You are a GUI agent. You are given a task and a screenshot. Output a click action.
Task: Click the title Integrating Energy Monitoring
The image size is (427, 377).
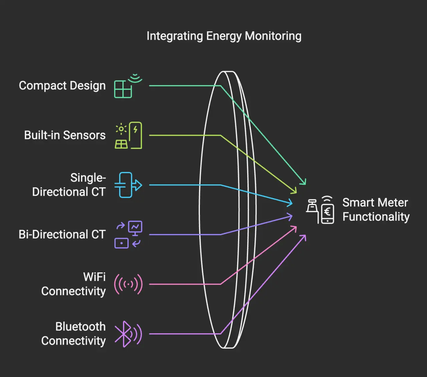coord(224,36)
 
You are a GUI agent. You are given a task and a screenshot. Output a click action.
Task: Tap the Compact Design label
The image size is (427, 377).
coord(62,86)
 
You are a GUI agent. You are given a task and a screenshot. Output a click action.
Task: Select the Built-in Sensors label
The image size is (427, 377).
coord(65,135)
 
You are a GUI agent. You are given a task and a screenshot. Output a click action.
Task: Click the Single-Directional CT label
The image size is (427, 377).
coord(69,185)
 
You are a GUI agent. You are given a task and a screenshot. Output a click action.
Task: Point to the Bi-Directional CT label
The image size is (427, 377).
coord(62,234)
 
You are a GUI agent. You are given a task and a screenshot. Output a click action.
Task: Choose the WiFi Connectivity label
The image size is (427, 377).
coord(73,284)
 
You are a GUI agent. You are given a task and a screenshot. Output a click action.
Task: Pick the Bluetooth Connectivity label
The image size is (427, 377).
coord(73,334)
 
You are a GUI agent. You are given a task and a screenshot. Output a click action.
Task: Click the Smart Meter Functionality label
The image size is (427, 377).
coord(376,210)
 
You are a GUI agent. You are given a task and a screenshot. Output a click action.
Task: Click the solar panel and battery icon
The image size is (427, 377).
coord(128,135)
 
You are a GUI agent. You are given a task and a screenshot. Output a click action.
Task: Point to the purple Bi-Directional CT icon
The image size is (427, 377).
coord(128,235)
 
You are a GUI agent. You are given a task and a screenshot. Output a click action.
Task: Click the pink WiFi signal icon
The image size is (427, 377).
coord(128,284)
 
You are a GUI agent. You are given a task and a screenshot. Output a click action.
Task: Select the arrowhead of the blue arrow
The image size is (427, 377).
coord(291,202)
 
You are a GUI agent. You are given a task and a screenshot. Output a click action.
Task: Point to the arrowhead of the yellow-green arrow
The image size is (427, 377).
coord(295,191)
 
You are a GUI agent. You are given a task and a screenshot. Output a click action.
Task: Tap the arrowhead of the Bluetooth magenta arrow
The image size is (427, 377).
coord(304,236)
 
